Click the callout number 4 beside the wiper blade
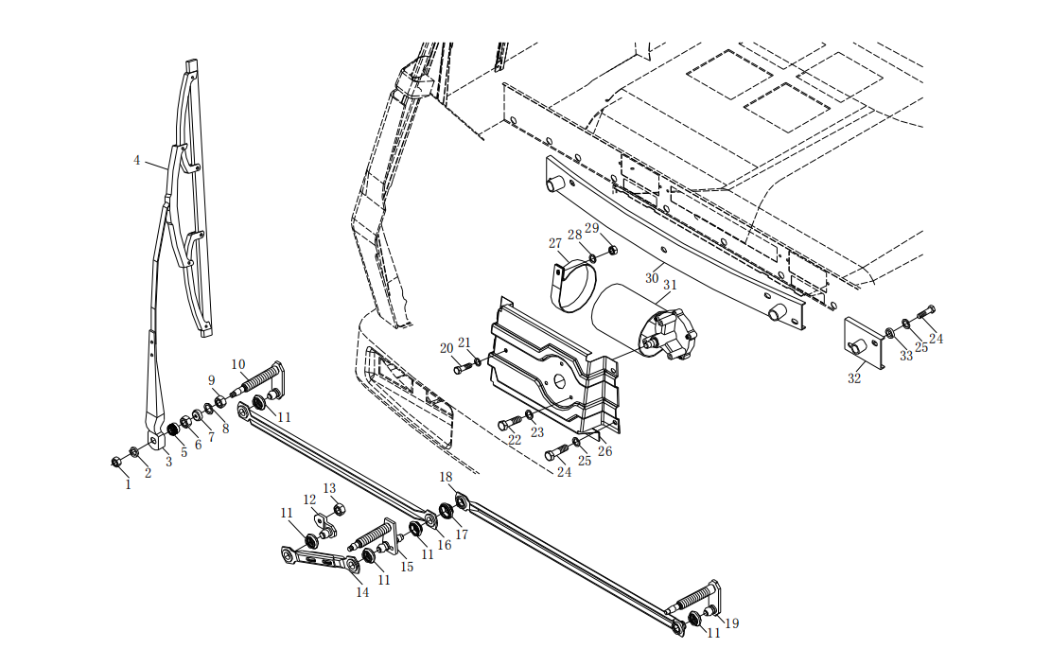point(137,161)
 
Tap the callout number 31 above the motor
point(670,285)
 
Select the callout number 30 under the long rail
point(652,278)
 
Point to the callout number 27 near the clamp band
point(555,243)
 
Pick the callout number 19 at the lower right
point(732,623)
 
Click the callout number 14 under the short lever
point(362,593)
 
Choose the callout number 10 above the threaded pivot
point(238,364)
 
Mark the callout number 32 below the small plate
point(854,378)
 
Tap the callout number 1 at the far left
point(128,484)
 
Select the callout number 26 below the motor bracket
point(604,451)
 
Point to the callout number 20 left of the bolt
point(447,348)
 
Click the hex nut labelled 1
point(116,462)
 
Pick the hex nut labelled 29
point(612,251)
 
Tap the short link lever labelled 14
point(319,560)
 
